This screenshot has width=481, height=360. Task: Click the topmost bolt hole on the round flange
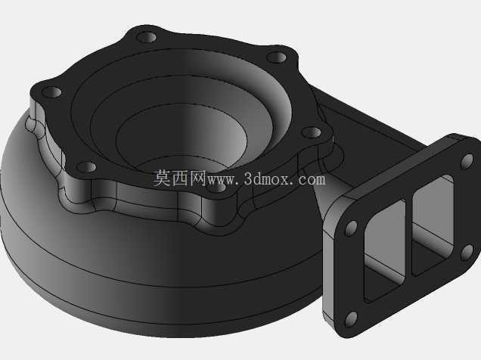pyautogui.click(x=147, y=37)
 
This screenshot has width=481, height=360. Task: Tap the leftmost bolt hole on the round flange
pyautogui.click(x=51, y=92)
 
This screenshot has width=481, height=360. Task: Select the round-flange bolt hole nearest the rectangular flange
pyautogui.click(x=312, y=132)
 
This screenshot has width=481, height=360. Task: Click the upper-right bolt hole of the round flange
pyautogui.click(x=276, y=57)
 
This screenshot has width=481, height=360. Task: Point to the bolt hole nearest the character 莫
pyautogui.click(x=86, y=167)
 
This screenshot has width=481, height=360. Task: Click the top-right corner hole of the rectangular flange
pyautogui.click(x=467, y=162)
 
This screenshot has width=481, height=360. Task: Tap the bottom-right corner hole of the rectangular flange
pyautogui.click(x=467, y=253)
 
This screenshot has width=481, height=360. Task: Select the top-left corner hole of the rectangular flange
pyautogui.click(x=351, y=228)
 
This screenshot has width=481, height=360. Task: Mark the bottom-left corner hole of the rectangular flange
pyautogui.click(x=351, y=319)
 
